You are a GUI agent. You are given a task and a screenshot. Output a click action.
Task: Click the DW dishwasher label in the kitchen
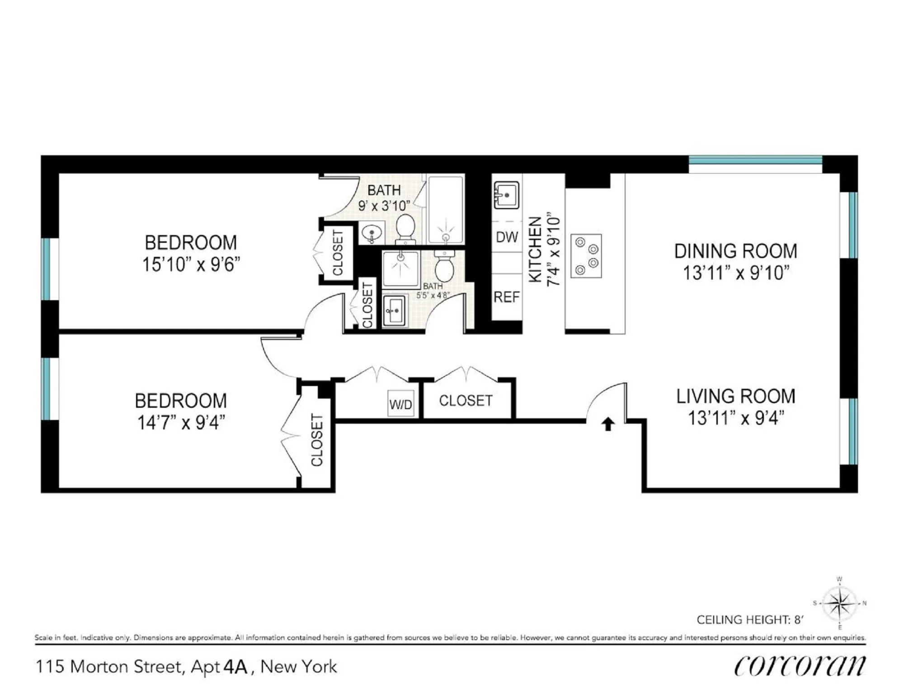point(507,237)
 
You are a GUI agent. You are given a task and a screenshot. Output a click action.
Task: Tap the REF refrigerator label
point(506,297)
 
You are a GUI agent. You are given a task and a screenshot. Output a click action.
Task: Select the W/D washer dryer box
point(401,404)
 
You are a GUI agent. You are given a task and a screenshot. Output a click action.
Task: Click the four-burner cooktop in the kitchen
point(586,255)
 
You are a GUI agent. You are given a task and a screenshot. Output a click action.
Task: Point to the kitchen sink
point(506,195)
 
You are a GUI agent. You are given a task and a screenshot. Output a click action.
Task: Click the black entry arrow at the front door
point(608,424)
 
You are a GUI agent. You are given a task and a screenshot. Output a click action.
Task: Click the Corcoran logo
point(799,665)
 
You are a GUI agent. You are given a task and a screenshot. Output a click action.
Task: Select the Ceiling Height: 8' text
point(749,620)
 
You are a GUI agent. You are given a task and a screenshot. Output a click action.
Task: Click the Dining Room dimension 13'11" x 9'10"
point(735,273)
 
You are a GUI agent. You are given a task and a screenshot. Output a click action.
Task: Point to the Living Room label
point(735,396)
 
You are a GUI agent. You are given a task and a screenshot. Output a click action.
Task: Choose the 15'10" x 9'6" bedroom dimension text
point(191,264)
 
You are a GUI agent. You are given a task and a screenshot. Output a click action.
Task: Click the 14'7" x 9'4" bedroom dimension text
point(181,423)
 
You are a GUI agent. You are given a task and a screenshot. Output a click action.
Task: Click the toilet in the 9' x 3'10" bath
point(405,228)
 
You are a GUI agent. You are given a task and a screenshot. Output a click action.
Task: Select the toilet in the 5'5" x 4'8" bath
point(444,268)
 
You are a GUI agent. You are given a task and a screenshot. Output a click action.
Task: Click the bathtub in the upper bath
point(446,210)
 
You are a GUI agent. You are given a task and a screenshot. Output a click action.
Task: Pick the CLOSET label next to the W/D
point(466,401)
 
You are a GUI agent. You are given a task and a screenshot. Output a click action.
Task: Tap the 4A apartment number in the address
point(235,667)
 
